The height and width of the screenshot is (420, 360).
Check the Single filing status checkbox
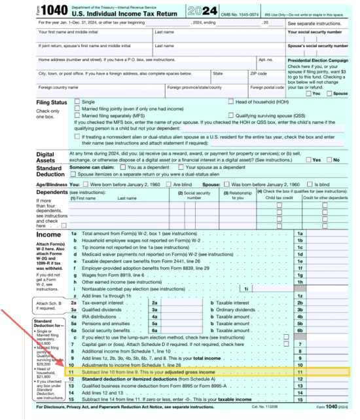pyautogui.click(x=78, y=102)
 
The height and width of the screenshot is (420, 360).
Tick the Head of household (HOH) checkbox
pyautogui.click(x=231, y=102)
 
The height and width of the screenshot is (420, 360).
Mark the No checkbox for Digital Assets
pyautogui.click(x=329, y=159)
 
